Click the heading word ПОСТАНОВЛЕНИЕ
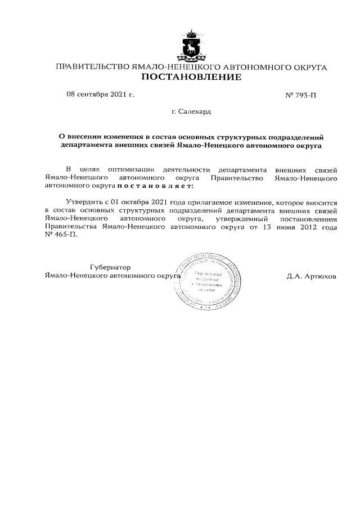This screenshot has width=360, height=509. point(191,77)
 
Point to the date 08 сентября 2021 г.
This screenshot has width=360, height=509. point(100,94)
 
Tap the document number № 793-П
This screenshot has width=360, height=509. point(301,94)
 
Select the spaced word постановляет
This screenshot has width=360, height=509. point(155,184)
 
